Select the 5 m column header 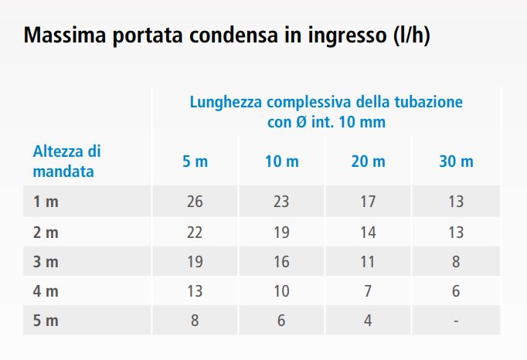195,161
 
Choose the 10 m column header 281,161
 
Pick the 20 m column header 368,161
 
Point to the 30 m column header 456,161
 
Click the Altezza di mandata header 66,161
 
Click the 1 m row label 46,202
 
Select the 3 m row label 46,262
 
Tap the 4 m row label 46,291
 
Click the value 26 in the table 195,202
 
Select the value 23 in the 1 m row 281,202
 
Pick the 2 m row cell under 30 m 456,232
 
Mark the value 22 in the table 195,232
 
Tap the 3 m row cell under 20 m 368,262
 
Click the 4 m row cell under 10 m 281,291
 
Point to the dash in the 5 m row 456,321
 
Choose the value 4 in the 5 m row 368,321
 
